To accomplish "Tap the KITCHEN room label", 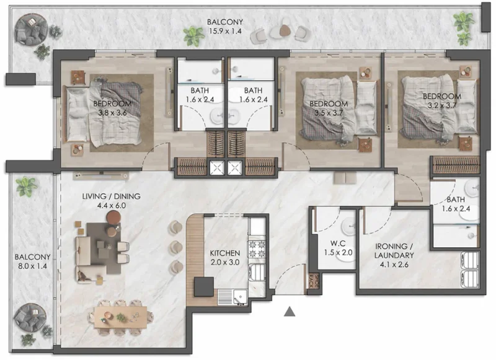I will click(x=224, y=253).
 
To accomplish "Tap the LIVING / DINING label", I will click(x=111, y=196).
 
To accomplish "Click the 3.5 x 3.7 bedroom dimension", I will click(x=329, y=113).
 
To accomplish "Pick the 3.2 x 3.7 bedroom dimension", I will click(x=442, y=106).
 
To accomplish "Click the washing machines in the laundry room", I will click(x=469, y=271).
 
